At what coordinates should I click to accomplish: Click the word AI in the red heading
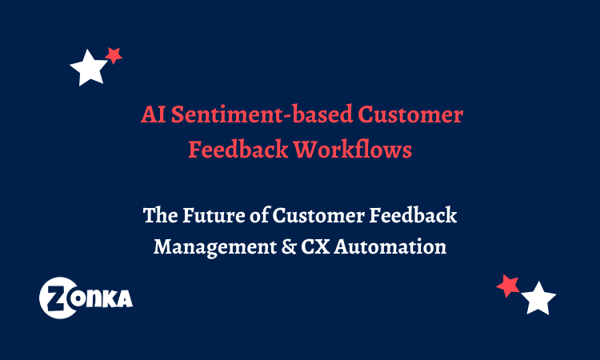pyautogui.click(x=150, y=115)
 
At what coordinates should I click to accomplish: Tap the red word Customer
pyautogui.click(x=410, y=115)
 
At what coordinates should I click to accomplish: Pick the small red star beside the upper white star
pyautogui.click(x=114, y=55)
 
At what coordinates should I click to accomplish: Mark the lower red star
pyautogui.click(x=507, y=286)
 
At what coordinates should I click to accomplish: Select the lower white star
pyautogui.click(x=538, y=299)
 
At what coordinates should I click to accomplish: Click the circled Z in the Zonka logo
pyautogui.click(x=58, y=298)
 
